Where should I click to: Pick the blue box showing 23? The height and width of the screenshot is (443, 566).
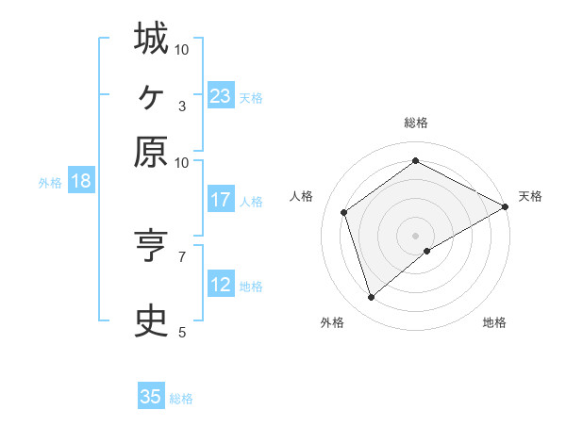(221, 96)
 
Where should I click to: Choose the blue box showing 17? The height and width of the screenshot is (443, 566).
(221, 200)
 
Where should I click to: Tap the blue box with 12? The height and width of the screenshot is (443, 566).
(221, 285)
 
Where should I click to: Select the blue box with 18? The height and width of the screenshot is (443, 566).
(81, 181)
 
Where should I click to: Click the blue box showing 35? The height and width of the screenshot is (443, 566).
(151, 397)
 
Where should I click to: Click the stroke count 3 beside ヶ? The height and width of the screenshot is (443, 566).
(182, 106)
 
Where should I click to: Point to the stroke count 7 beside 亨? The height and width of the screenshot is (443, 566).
(182, 255)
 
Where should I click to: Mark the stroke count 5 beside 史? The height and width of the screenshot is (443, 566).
(182, 332)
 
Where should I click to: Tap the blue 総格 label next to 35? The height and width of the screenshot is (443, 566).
(181, 399)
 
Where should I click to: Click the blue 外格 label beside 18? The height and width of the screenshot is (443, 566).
(50, 183)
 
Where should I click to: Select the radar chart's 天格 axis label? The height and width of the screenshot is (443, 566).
(530, 196)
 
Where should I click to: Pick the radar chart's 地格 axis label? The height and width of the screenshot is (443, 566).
(494, 323)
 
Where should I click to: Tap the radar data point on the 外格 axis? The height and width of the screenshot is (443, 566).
(372, 298)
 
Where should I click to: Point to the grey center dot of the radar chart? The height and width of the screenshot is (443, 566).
(416, 235)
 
